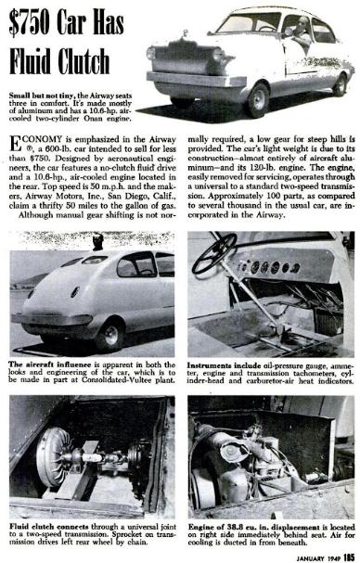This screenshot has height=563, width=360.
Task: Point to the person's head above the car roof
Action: point(94,242)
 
